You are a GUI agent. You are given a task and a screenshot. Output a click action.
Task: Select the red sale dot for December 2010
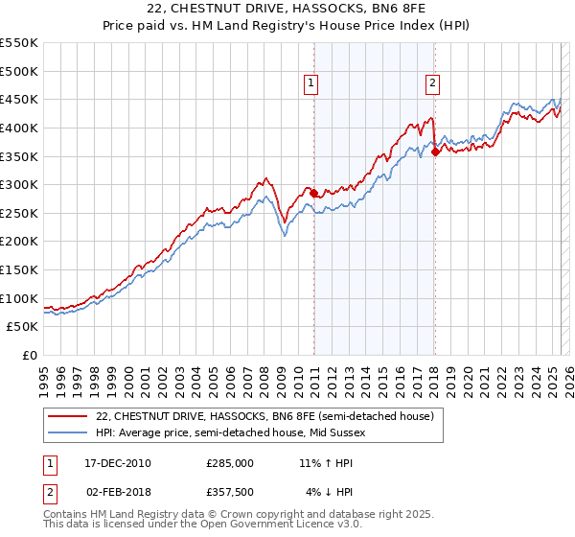313,193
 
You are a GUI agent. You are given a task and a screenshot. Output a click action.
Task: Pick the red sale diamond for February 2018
435,152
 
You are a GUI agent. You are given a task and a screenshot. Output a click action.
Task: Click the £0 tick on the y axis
28,356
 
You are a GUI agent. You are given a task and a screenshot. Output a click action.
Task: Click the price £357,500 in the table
229,492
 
